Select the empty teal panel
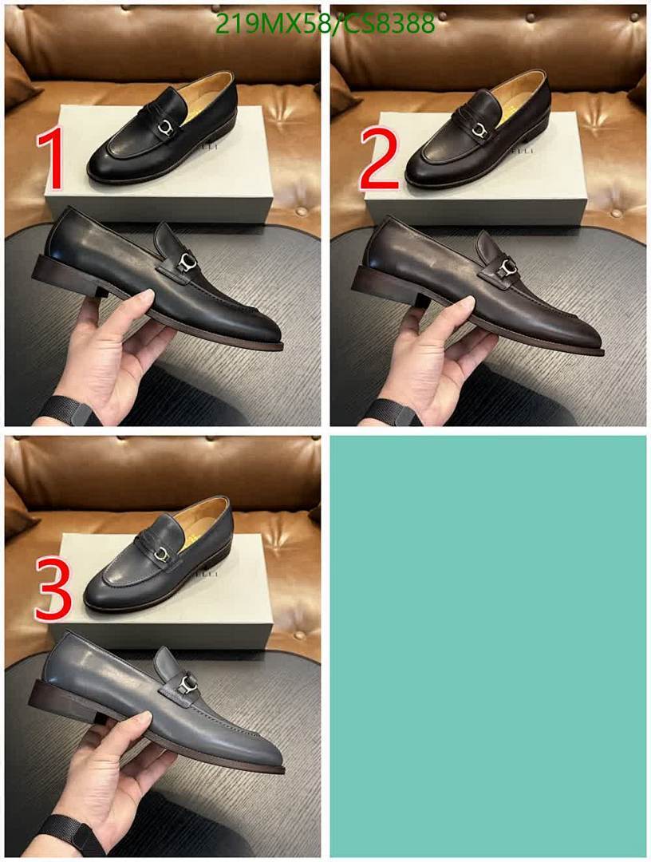[487, 646]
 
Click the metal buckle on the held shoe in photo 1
[186, 263]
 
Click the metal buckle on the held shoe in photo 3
[187, 684]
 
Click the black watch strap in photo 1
[68, 411]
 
